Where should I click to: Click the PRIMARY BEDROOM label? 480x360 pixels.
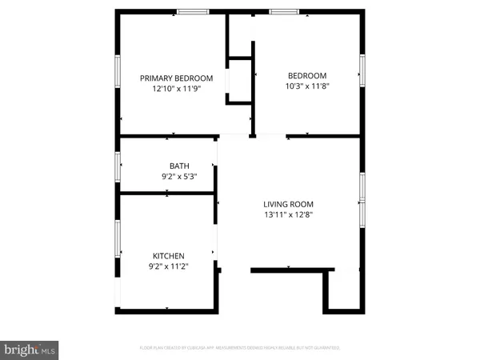(x=176, y=78)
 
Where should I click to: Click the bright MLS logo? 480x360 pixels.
(x=30, y=349)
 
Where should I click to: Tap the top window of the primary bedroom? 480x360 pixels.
(x=193, y=11)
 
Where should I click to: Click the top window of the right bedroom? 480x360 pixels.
(x=284, y=11)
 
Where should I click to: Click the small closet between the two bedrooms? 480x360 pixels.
(x=240, y=80)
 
